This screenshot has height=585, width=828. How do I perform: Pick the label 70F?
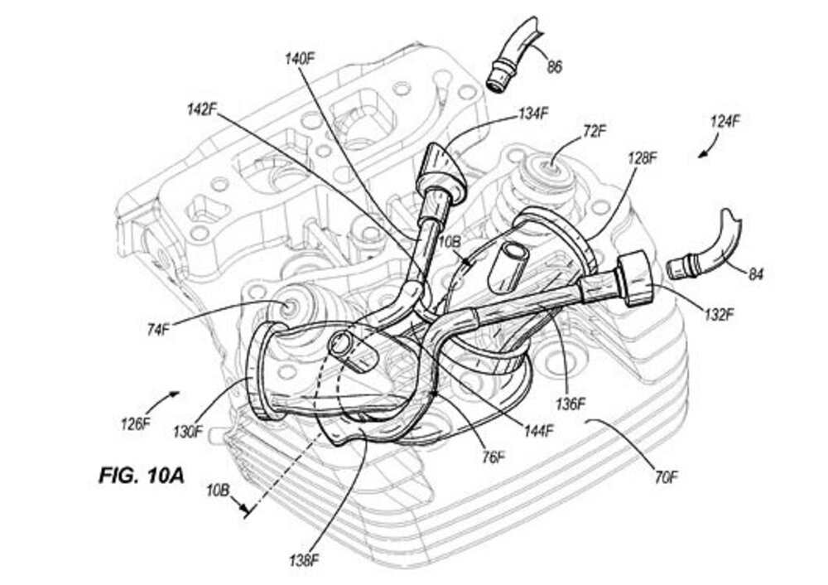[x=667, y=478]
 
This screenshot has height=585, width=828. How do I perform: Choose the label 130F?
[x=189, y=431]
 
